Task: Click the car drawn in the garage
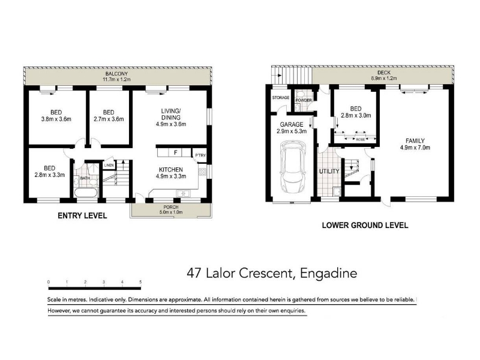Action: click(293, 167)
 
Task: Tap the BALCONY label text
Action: click(116, 74)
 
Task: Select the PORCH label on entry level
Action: click(171, 207)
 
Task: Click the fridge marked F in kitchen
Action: click(176, 152)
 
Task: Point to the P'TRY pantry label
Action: click(200, 155)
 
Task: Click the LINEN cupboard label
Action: click(109, 166)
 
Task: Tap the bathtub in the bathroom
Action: click(86, 193)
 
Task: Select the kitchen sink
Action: click(183, 193)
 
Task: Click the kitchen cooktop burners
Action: click(202, 172)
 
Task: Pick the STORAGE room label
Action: click(281, 98)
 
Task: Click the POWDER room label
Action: click(304, 100)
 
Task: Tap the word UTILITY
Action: click(329, 172)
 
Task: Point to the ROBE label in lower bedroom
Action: click(361, 140)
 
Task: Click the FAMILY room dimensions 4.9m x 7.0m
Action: click(415, 148)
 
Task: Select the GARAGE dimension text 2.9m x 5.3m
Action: click(292, 131)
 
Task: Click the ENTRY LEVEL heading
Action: click(82, 216)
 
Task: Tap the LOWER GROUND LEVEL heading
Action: click(365, 226)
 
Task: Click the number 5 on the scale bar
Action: click(140, 282)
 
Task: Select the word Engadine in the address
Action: click(328, 273)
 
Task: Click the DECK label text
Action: click(384, 73)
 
